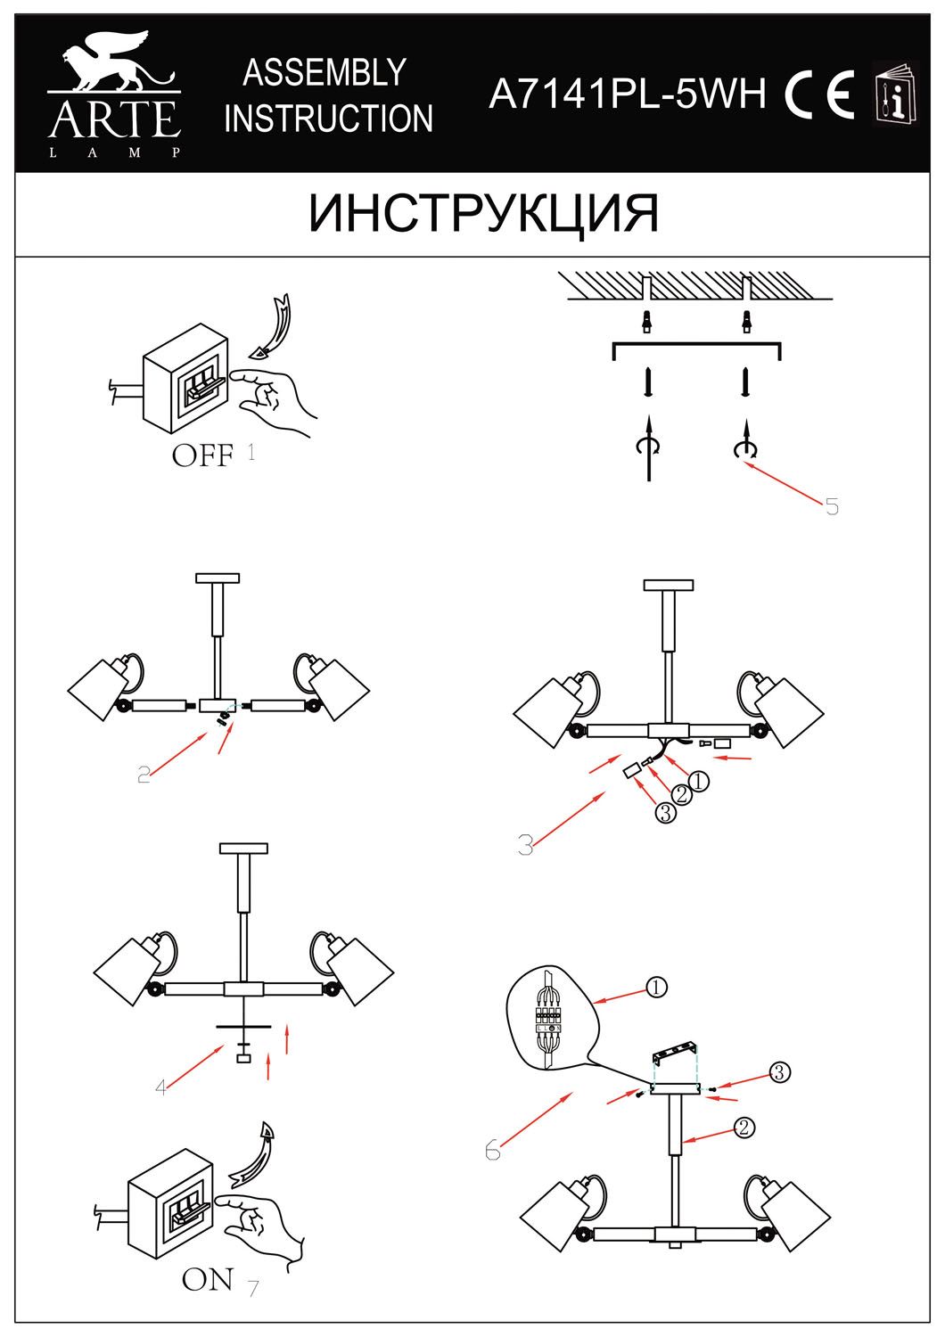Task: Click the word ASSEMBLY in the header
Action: [325, 72]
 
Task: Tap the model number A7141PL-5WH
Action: [628, 92]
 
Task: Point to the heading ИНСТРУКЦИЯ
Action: [483, 214]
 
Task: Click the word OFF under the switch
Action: [203, 456]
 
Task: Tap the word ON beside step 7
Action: [208, 1280]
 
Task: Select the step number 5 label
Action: [832, 507]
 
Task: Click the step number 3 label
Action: [526, 845]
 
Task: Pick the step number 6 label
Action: [493, 1151]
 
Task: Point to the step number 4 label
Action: [160, 1087]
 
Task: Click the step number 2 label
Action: [144, 775]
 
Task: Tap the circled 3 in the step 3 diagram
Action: [665, 813]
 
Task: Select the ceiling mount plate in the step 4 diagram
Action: [243, 848]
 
